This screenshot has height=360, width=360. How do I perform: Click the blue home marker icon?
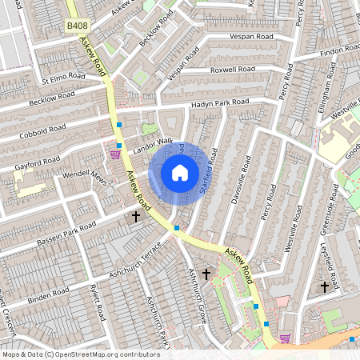click(x=180, y=172)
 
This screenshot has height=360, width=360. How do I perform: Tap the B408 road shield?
click(x=77, y=27)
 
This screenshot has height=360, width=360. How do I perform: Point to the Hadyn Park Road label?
click(x=220, y=104)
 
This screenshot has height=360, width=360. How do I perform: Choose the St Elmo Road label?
click(x=63, y=78)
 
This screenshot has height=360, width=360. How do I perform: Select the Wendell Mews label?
click(x=85, y=174)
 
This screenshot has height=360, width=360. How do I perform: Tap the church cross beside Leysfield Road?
click(x=325, y=286)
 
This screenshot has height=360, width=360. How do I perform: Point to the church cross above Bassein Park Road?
click(x=136, y=216)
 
